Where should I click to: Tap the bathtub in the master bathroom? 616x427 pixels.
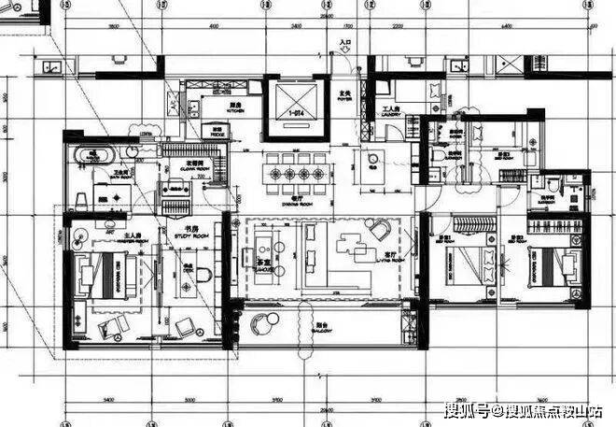coord(90,153)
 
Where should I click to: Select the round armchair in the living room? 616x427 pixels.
coord(381,228)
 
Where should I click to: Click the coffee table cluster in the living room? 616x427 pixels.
coord(350,243)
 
